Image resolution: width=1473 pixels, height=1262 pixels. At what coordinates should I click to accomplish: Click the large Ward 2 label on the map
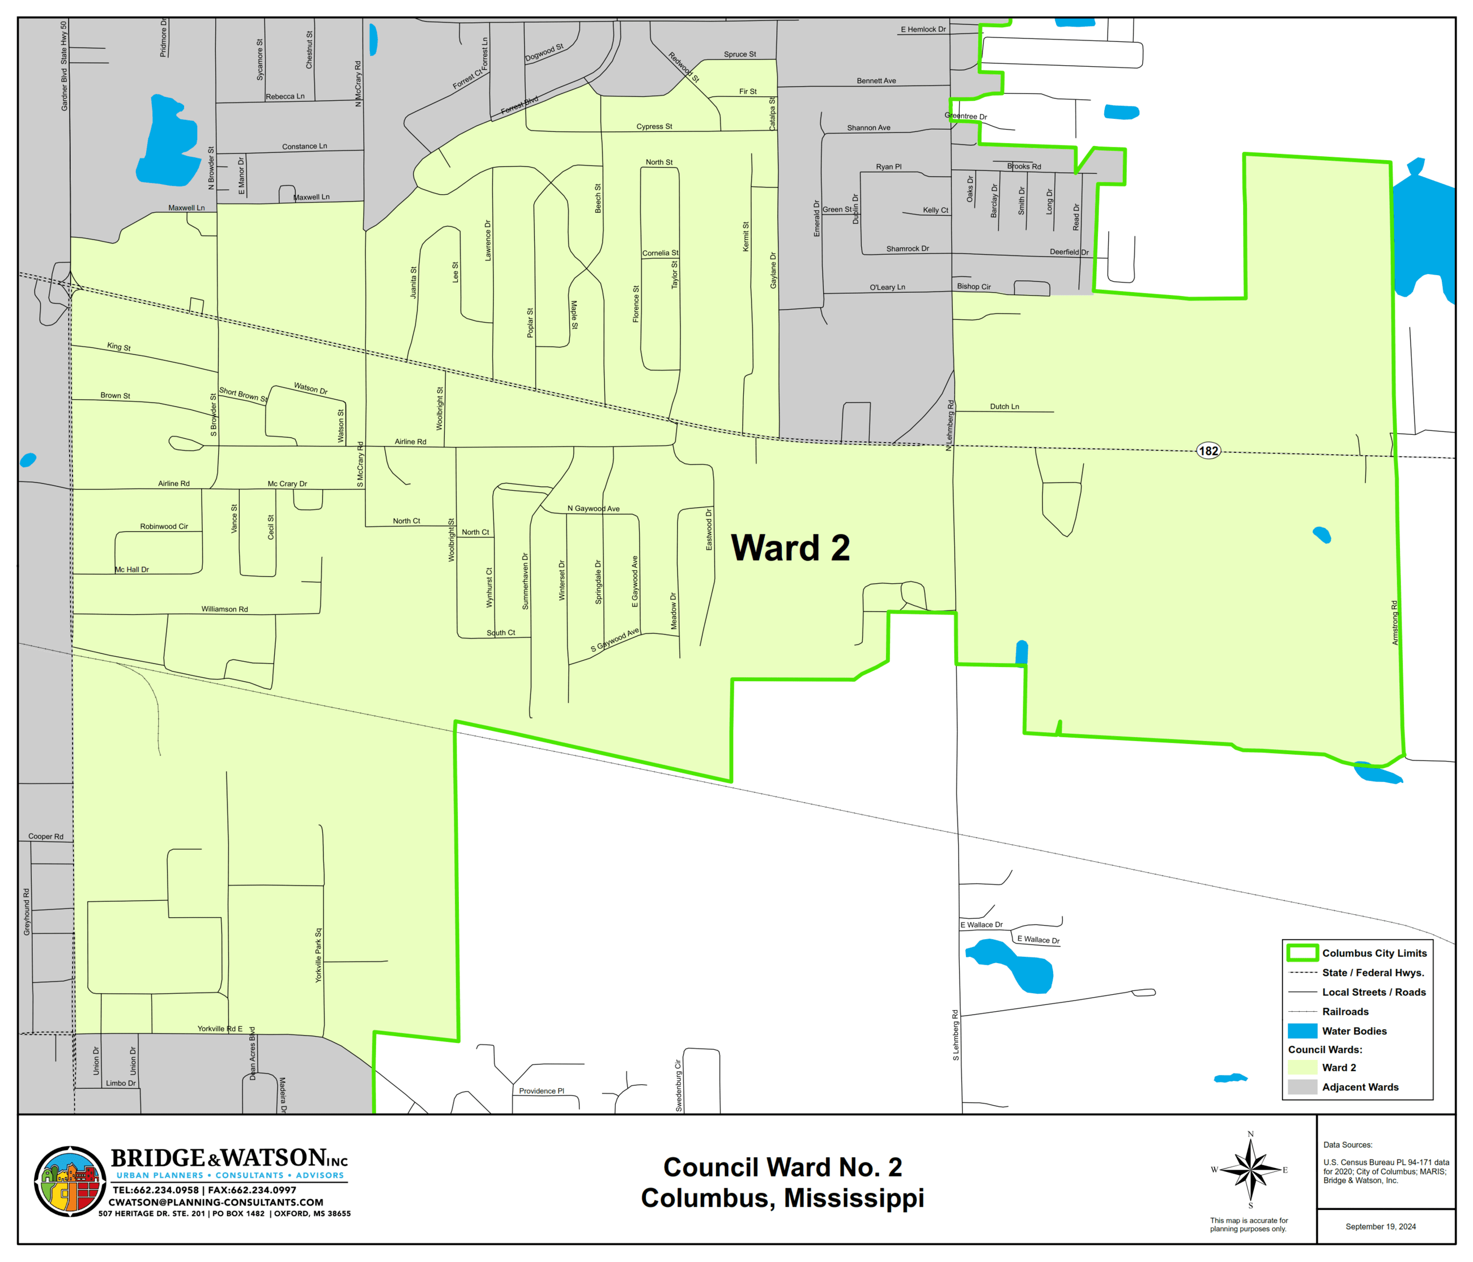coord(790,549)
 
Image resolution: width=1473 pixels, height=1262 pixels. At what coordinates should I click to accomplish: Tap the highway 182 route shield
coord(1208,451)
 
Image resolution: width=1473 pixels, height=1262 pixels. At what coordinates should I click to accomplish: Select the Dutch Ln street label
coord(1004,407)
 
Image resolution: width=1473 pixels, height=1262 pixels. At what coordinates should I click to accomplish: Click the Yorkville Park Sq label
coord(318,955)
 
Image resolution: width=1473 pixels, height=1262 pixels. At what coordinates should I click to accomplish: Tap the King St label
coord(119,346)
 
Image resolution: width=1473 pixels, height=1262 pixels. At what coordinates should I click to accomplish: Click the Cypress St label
coord(653,126)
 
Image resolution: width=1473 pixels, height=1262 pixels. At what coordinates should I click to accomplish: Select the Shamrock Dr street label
coord(907,249)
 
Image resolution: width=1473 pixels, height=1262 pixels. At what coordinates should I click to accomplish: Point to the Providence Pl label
coord(541,1091)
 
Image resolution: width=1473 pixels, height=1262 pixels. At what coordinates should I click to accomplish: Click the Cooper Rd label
coord(45,836)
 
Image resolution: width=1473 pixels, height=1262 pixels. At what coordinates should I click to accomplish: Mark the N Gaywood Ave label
coord(593,509)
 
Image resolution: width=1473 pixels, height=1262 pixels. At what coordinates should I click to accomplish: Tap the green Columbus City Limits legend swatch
coord(1302,953)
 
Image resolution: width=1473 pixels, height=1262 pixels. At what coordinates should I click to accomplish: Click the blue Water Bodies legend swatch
coord(1302,1031)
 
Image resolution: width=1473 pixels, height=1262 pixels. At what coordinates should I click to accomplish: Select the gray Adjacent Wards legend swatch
coord(1302,1087)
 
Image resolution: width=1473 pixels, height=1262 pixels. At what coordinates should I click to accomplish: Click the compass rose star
coord(1250,1170)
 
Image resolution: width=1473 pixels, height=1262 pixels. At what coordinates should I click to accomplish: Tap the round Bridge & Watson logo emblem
coord(70,1181)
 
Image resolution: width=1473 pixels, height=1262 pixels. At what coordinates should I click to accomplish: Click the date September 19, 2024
coord(1380,1226)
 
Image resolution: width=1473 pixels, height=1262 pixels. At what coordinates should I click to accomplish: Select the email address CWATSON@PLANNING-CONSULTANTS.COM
coord(216,1203)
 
